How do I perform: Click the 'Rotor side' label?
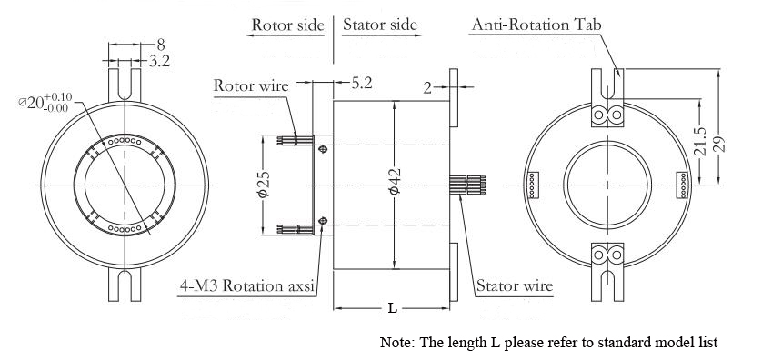[x=287, y=25]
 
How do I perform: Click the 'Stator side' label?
[x=379, y=25]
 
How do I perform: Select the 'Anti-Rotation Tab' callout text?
[x=536, y=25]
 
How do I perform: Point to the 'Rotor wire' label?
[x=251, y=86]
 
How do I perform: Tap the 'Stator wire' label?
[x=515, y=285]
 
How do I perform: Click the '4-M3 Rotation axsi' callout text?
[x=246, y=285]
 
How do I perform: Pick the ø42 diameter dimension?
[x=395, y=181]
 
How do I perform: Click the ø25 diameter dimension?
[x=264, y=185]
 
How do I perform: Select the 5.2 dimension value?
[x=362, y=83]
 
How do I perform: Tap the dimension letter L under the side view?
[x=392, y=308]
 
